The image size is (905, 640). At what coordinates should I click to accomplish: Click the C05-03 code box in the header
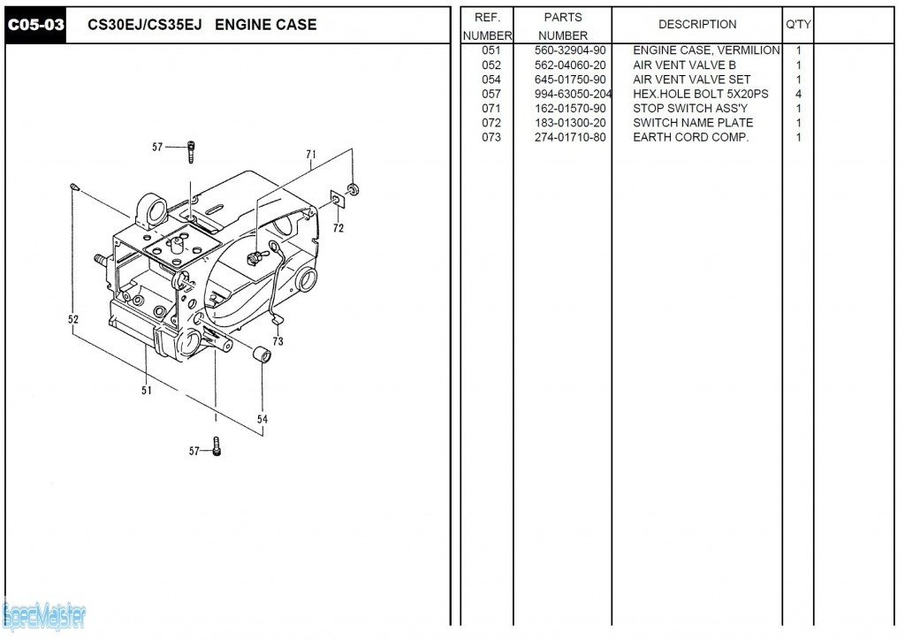coord(36,25)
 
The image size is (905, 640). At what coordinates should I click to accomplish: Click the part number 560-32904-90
coord(570,50)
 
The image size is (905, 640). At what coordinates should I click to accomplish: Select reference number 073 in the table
coord(491,137)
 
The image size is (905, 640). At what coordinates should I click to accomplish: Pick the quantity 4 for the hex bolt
coord(798,94)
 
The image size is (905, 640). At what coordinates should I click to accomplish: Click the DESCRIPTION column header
coord(697,25)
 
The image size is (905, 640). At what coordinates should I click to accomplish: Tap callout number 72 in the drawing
coord(338,228)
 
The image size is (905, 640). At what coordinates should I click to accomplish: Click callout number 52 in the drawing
coord(73,320)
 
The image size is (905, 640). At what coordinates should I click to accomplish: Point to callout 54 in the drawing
coord(262,419)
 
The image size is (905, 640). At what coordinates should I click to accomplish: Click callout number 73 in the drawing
coord(278,341)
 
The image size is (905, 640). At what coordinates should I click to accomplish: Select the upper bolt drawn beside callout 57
coord(191,152)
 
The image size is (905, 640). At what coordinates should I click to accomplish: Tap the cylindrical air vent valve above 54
coord(261,355)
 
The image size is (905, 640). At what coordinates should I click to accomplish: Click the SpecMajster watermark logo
coord(43,615)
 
